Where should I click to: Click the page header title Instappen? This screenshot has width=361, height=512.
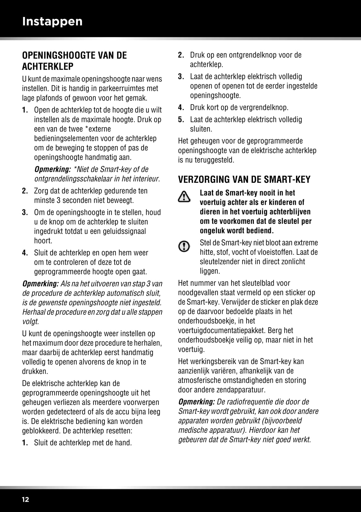[52, 21]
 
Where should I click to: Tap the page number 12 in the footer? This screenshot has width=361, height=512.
[25, 499]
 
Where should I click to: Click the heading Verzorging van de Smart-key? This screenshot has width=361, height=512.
[244, 180]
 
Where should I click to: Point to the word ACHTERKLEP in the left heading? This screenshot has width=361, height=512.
[48, 66]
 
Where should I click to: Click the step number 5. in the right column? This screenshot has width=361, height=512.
[181, 119]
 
